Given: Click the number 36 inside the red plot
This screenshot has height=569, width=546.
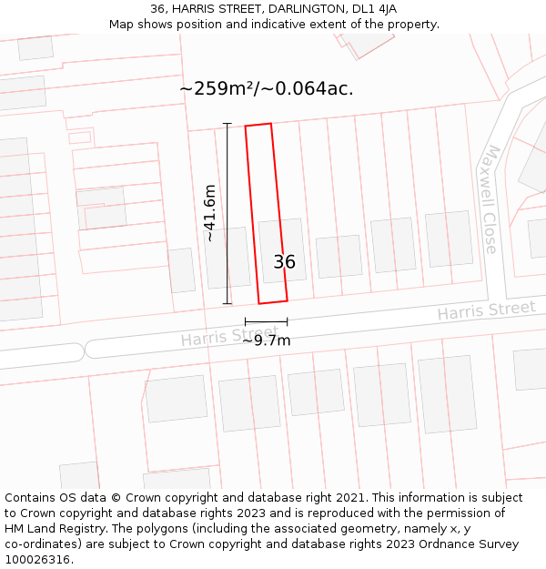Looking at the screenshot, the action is click(284, 262).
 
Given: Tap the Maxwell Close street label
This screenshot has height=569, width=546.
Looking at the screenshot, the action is click(490, 199).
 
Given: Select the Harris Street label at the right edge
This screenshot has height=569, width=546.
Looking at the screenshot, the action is click(486, 310).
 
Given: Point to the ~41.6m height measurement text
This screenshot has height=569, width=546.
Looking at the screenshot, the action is click(210, 213).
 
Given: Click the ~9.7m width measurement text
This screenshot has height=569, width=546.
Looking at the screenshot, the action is click(267, 341).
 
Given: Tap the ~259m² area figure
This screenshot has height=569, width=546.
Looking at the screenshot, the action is click(217, 88).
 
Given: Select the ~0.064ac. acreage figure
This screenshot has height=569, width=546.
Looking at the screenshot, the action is click(308, 88).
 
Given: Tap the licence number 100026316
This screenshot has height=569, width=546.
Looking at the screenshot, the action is click(38, 559).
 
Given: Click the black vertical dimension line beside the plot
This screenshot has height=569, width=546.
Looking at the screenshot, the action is click(227, 213).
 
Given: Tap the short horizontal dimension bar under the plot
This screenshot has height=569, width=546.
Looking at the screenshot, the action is click(266, 321).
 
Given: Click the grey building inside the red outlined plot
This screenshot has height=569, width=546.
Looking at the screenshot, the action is click(281, 246).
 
